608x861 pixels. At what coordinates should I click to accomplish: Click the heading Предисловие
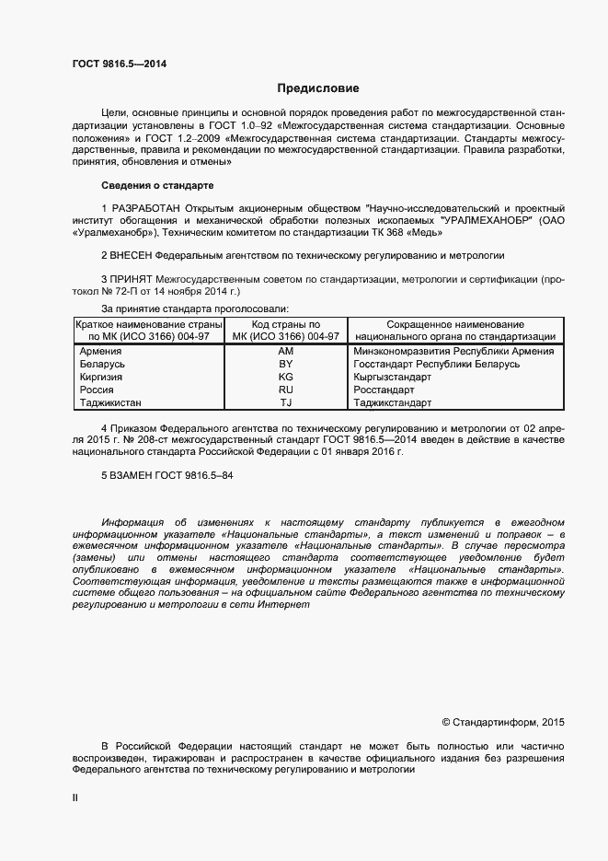pos(318,88)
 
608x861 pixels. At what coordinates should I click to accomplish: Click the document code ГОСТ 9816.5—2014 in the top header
pos(120,64)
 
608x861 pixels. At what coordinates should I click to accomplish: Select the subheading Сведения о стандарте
pos(156,185)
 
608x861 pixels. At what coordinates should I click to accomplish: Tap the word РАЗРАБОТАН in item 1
pos(146,208)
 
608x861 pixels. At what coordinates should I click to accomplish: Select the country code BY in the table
pos(285,365)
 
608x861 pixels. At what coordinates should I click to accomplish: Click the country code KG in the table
pos(285,378)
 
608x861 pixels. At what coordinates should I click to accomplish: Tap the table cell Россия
pos(97,390)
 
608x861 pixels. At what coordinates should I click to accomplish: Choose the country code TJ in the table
pos(285,403)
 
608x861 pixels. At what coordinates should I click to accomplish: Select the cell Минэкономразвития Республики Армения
pos(453,352)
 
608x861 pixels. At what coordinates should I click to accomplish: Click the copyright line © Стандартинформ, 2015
pos(505,723)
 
